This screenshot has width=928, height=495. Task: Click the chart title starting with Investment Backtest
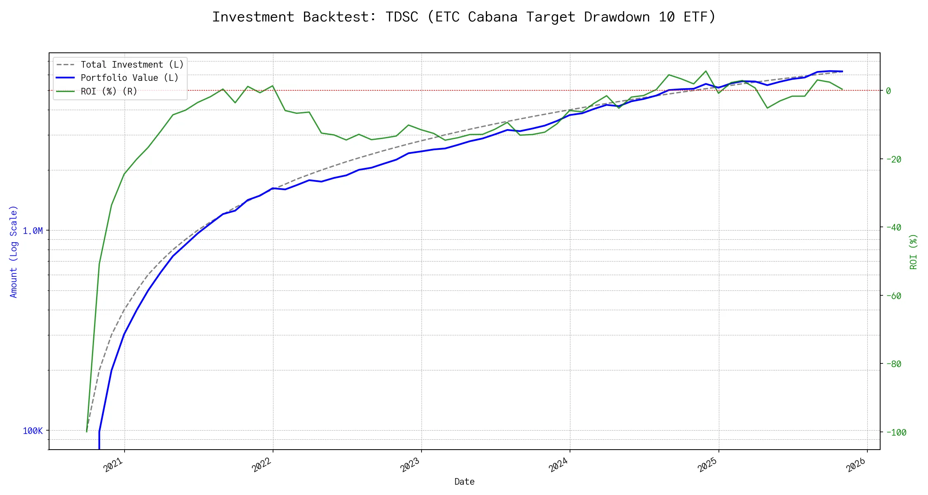(464, 17)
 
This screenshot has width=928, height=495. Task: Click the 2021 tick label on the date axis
(113, 465)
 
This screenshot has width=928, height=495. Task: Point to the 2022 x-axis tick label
(262, 465)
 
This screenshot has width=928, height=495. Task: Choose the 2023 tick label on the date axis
(410, 465)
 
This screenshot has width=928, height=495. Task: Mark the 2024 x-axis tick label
(559, 465)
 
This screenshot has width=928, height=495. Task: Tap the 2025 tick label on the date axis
(708, 465)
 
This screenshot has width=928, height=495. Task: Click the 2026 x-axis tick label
(856, 465)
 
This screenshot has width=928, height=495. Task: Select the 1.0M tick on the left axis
(33, 231)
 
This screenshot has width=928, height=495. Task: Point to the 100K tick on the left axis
(33, 431)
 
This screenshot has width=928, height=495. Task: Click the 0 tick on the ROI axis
(888, 91)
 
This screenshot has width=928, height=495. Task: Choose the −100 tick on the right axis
(895, 432)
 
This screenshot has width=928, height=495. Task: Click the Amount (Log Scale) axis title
(14, 252)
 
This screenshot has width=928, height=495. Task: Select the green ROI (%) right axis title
(914, 252)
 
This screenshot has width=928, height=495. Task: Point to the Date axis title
(464, 482)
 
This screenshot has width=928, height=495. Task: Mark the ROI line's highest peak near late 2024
(706, 71)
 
